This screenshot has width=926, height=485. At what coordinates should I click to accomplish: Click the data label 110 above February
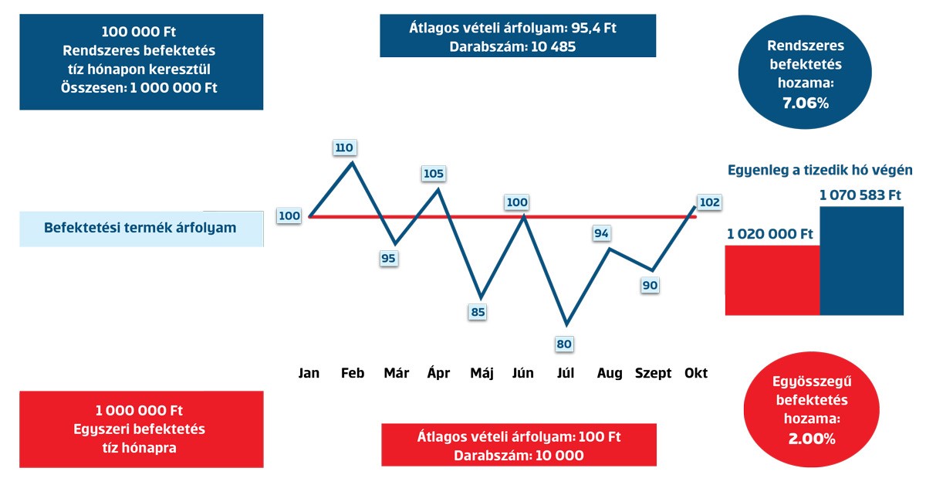[x=344, y=148]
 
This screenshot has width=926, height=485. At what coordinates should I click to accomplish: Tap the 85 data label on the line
[x=478, y=313]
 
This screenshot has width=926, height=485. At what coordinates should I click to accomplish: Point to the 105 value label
[x=434, y=174]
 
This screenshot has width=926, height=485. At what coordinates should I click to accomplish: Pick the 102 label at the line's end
[x=708, y=202]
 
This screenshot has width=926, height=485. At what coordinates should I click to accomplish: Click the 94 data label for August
[x=603, y=232]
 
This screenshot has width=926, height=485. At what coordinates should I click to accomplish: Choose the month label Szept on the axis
[x=653, y=373]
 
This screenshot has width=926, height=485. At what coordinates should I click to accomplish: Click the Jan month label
[x=309, y=373]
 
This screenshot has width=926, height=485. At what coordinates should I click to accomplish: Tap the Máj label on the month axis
[x=482, y=373]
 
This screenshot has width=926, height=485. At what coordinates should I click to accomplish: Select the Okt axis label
[x=696, y=373]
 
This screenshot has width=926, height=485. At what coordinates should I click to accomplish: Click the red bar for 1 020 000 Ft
[x=772, y=280]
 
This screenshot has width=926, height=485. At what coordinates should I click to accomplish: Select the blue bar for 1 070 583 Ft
[x=861, y=261]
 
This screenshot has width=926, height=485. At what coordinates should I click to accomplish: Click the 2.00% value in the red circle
[x=811, y=439]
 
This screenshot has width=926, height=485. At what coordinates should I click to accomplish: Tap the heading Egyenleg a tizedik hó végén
[x=820, y=171]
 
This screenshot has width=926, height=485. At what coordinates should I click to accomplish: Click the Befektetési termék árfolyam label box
[x=140, y=228]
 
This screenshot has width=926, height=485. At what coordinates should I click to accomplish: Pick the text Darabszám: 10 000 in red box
[x=519, y=455]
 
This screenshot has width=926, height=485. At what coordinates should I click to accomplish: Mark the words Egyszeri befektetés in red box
[x=140, y=428]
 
